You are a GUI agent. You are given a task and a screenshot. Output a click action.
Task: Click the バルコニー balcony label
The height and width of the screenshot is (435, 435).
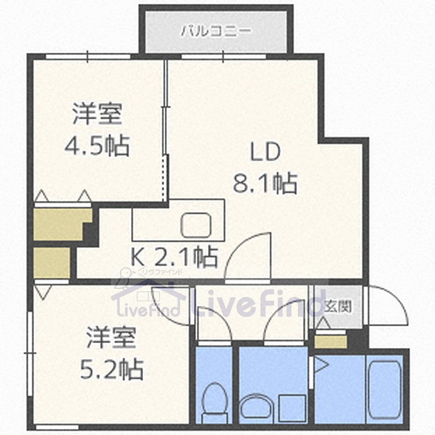216,30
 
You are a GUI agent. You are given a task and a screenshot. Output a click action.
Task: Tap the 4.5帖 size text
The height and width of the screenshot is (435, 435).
97,146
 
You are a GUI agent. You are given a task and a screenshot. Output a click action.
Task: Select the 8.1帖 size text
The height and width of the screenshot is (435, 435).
265,183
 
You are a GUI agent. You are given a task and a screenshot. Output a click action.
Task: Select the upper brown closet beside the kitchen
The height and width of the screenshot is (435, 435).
58,223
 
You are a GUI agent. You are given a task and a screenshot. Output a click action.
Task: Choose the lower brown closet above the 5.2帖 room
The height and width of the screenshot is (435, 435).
52,263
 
